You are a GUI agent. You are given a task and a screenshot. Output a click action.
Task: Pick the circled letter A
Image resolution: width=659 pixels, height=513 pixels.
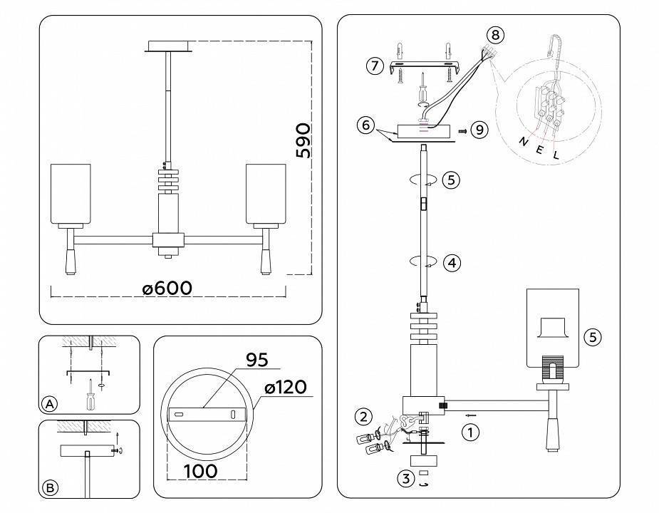pos(49,404)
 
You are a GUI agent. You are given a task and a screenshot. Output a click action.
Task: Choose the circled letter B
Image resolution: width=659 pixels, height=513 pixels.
pos(49,488)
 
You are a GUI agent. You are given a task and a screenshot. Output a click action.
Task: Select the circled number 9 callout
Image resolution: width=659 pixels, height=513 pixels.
pos(479,130)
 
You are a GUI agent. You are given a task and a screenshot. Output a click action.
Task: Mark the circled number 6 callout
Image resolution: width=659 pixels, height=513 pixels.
pos(365,125)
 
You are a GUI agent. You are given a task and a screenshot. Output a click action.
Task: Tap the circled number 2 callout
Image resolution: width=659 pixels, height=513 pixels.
pos(364,416)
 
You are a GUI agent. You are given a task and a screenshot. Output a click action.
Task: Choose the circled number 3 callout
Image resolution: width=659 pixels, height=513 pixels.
pos(405,479)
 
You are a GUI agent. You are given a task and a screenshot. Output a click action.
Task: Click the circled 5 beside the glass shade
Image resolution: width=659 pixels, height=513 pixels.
pos(593,336)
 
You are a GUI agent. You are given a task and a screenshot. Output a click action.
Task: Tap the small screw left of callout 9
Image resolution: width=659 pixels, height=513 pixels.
pos(462,131)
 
